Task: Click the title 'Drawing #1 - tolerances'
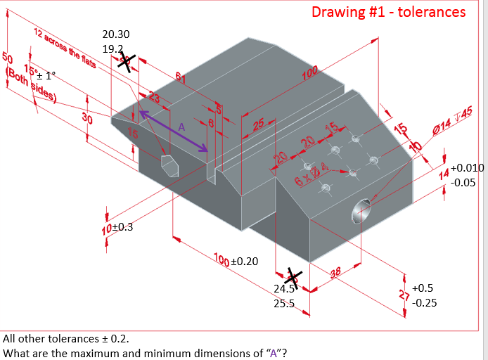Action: pos(388,12)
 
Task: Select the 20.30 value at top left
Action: pos(115,34)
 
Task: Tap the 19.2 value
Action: pos(112,49)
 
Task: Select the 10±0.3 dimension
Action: pos(117,227)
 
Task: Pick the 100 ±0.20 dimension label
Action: pos(236,261)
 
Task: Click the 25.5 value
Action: pos(283,304)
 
